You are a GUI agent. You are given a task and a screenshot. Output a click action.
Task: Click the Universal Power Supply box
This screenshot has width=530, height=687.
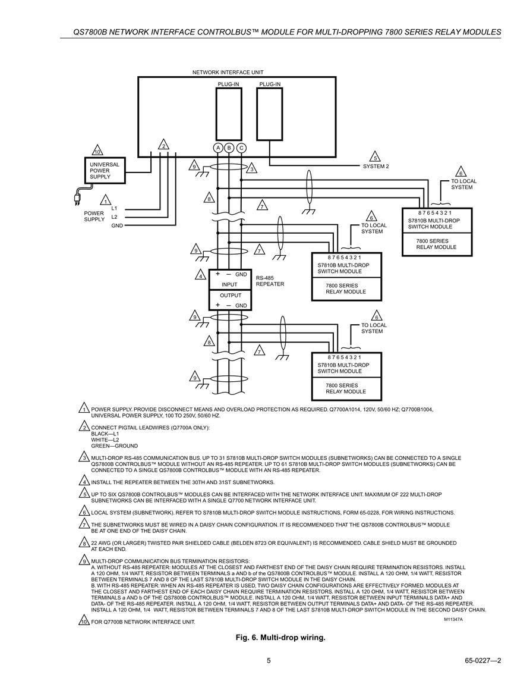click(x=105, y=171)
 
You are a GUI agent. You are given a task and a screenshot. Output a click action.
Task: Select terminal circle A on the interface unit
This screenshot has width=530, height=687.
click(x=218, y=148)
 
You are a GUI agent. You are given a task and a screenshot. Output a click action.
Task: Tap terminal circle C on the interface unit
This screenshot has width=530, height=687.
click(x=241, y=148)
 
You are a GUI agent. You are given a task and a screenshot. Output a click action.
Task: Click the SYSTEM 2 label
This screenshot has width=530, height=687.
click(x=376, y=167)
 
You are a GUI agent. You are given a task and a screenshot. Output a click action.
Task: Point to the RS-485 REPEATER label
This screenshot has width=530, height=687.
click(x=270, y=281)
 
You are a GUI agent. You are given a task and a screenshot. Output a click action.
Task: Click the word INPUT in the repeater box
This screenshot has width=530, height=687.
click(x=229, y=284)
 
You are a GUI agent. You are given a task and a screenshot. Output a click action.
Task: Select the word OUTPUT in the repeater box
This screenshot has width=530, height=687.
click(x=230, y=295)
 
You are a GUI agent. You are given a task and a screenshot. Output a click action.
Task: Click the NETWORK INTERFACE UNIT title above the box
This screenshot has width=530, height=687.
click(x=228, y=73)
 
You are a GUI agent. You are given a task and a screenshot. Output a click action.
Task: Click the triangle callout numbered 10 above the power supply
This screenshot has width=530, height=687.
click(x=97, y=151)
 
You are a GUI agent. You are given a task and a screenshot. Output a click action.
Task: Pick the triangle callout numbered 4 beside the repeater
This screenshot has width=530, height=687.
click(x=201, y=276)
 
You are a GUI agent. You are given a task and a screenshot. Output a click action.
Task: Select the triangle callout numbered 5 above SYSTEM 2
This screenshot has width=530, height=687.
click(x=375, y=158)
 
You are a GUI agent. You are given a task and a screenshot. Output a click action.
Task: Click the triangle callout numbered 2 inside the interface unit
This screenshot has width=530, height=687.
click(x=163, y=145)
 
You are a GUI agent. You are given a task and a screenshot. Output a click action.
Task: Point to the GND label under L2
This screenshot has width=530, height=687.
click(x=117, y=225)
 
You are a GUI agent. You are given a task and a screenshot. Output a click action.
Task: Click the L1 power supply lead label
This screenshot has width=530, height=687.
click(x=114, y=208)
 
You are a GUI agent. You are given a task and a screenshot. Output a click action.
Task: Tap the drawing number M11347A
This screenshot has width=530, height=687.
click(x=453, y=620)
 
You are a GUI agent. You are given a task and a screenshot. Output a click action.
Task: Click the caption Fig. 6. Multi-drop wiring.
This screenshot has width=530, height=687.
click(x=280, y=638)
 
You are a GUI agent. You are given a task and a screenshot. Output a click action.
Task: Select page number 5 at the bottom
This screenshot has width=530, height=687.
click(x=269, y=661)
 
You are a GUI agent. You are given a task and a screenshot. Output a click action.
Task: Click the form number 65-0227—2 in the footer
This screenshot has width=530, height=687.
click(x=483, y=661)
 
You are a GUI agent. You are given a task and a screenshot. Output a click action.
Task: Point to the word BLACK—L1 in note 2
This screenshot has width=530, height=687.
click(x=105, y=434)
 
